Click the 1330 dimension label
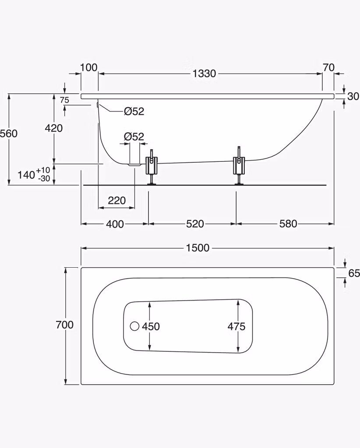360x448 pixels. (204, 73)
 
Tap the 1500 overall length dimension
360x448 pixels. (198, 248)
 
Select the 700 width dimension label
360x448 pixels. (65, 325)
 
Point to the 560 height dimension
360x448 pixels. (9, 133)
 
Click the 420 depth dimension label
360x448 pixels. (54, 128)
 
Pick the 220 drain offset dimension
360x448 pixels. (117, 200)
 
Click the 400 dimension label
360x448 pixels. (115, 224)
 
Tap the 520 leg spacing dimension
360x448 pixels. (195, 224)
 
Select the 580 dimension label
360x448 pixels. (288, 224)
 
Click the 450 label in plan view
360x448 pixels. (151, 326)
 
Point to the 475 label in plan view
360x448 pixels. (236, 326)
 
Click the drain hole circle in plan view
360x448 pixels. (134, 326)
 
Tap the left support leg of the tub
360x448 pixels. (152, 167)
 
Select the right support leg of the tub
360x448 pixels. (239, 166)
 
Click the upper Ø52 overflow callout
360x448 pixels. (134, 111)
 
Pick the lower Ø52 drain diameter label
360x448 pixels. (134, 136)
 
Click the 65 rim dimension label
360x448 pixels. (354, 273)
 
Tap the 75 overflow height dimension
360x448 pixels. (65, 100)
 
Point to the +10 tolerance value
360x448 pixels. (43, 170)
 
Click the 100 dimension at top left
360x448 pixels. (88, 68)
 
